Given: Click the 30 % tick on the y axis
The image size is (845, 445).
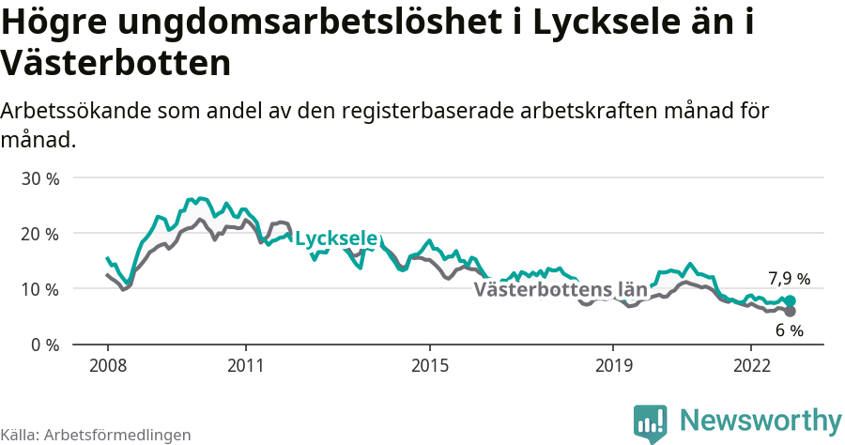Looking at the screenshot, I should point(39,178).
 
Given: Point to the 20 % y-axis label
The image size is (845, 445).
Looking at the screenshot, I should point(39,234).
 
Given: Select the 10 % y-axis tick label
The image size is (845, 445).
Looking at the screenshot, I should point(39,289).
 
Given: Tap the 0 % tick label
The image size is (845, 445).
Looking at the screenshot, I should point(44,345).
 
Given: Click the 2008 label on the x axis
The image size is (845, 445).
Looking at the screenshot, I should point(107,363).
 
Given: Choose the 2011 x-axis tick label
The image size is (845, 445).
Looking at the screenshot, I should point(245,363).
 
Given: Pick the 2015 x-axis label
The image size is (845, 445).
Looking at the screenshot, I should point(429,363).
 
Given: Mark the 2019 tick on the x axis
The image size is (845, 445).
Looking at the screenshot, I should point(613,363).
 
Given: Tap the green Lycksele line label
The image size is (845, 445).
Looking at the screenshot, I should point(336,239).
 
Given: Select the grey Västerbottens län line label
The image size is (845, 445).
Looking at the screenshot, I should point(561,289).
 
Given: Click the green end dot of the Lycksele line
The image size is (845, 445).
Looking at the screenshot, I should point(790,301).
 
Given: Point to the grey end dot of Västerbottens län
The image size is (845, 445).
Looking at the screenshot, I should point(790,312).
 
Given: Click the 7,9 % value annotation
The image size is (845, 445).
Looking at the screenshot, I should point(789,279).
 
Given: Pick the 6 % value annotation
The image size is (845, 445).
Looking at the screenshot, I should point(790,331).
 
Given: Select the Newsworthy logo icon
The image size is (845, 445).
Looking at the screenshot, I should point(650,422).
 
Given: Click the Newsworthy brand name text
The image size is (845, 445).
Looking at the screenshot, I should point(760,420).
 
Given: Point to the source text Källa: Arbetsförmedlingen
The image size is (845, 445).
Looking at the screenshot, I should point(96,435).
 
